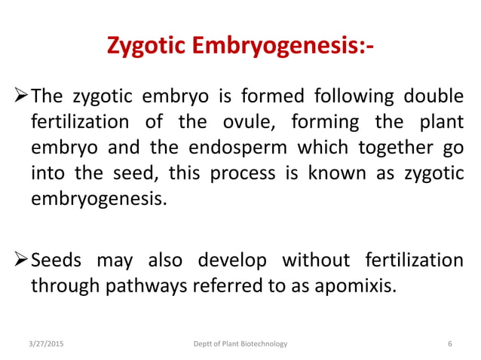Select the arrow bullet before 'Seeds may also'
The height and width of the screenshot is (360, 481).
click(21, 260)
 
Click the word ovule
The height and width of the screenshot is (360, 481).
click(257, 122)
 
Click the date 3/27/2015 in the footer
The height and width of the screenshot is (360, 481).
click(46, 344)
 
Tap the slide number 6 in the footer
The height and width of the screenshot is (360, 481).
click(450, 344)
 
